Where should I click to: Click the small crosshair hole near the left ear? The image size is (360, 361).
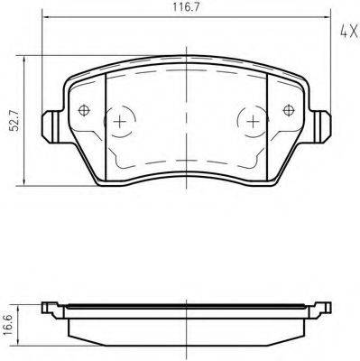pos(85,111)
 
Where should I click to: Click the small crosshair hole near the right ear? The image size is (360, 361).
pos(289,111)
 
